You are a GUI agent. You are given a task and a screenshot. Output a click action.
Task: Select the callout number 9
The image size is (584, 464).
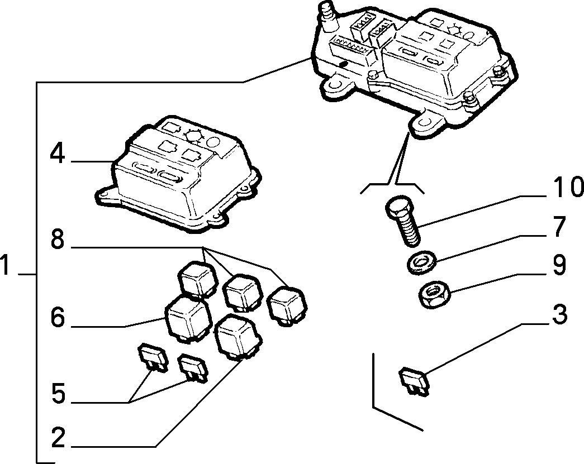pyautogui.click(x=559, y=265)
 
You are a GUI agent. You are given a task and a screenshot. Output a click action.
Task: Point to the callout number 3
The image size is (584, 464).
pyautogui.click(x=559, y=314)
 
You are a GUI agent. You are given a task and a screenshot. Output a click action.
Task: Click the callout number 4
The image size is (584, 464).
pyautogui.click(x=58, y=154)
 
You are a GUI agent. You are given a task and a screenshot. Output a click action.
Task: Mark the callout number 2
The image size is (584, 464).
pyautogui.click(x=58, y=437)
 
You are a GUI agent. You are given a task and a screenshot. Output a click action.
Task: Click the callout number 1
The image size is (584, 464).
pyautogui.click(x=5, y=265)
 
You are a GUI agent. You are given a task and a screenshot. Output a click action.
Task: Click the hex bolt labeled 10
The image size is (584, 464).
pyautogui.click(x=403, y=221)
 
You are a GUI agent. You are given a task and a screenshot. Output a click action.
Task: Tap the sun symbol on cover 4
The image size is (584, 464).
pyautogui.click(x=194, y=136)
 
